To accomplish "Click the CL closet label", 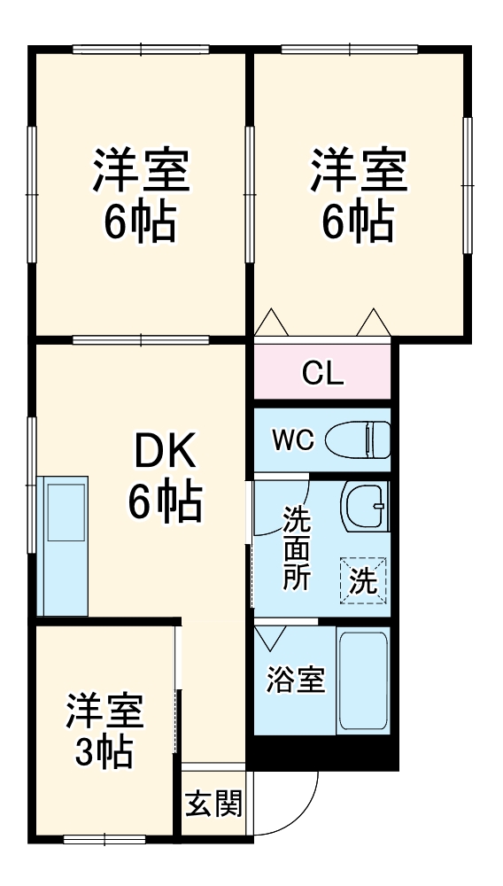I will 322,374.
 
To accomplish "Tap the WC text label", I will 292,440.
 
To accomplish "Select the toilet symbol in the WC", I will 358,439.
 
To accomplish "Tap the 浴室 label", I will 296,680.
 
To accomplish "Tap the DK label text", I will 165,455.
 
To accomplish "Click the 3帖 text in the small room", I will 103,753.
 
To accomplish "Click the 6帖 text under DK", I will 165,503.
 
